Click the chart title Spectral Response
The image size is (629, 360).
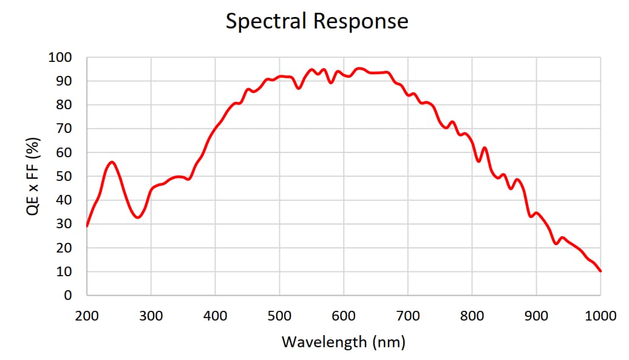[317, 21]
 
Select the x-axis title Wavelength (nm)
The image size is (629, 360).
[343, 342]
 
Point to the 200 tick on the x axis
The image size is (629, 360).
[87, 316]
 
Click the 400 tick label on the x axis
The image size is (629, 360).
[216, 316]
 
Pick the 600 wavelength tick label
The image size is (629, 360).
[344, 316]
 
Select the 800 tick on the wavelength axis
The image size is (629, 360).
[472, 316]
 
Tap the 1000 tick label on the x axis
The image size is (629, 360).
[600, 316]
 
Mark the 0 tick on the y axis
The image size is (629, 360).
[69, 296]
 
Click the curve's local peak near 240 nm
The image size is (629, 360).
[112, 162]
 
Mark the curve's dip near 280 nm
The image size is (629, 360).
[138, 217]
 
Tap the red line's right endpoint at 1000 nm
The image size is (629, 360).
[600, 271]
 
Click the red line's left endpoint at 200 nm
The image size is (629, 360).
[87, 226]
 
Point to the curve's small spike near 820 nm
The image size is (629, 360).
[484, 148]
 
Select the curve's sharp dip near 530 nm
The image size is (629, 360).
[299, 89]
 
